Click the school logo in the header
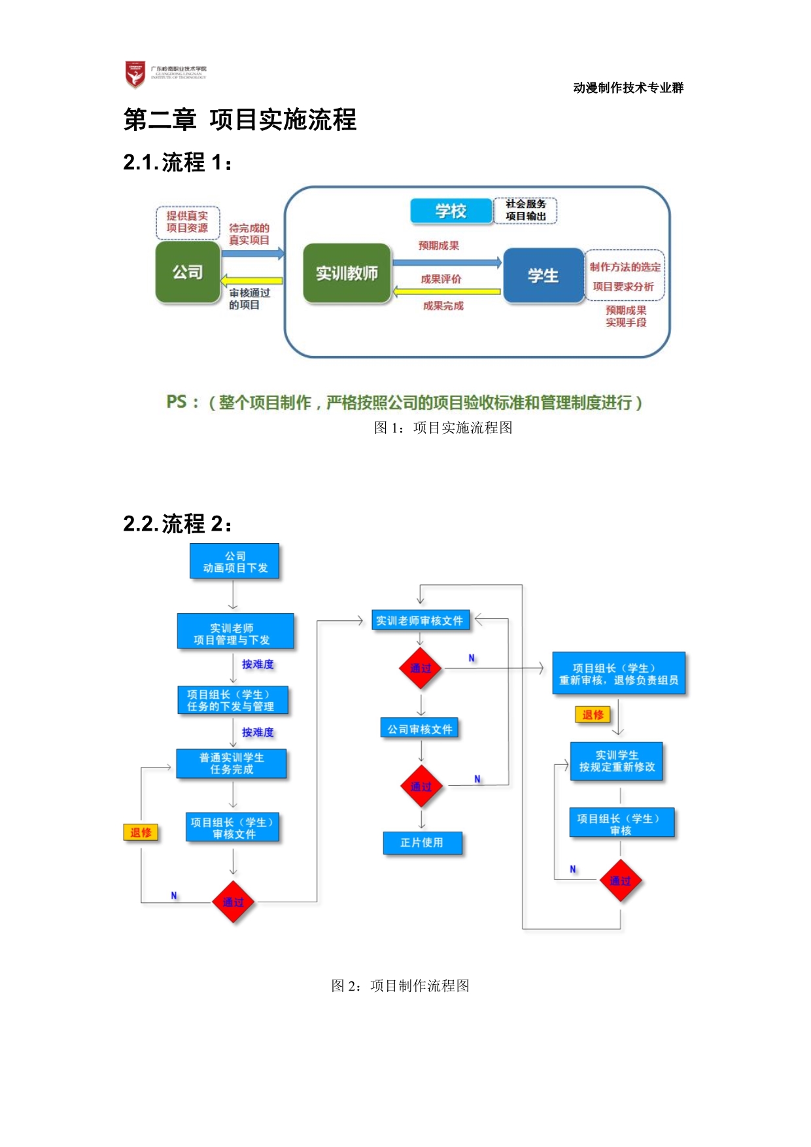(x=135, y=75)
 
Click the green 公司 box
(x=188, y=272)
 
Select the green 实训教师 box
(x=347, y=274)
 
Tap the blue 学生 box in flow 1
(x=543, y=275)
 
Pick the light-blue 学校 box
(x=451, y=211)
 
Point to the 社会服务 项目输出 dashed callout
(x=525, y=211)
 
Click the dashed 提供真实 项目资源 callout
(x=187, y=222)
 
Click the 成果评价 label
(x=441, y=279)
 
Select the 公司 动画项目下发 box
(x=235, y=562)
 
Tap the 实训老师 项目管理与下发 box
(x=235, y=632)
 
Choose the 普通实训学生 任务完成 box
(x=232, y=764)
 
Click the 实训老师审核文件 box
(x=420, y=620)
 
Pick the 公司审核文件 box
(x=419, y=729)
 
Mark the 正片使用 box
(x=422, y=843)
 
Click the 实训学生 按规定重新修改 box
(x=616, y=762)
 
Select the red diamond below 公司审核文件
(x=421, y=786)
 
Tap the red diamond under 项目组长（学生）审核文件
(x=233, y=902)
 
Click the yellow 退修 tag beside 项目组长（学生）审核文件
(x=141, y=832)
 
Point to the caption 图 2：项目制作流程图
(x=400, y=985)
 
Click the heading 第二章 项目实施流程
(x=240, y=120)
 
